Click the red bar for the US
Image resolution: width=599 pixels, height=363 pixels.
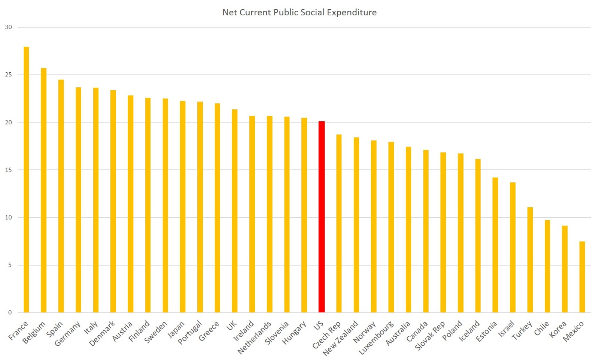(321, 217)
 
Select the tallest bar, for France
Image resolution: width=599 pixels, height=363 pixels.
(26, 180)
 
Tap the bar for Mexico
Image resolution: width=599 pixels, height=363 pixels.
(582, 277)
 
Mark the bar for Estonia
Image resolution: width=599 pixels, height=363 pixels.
(495, 245)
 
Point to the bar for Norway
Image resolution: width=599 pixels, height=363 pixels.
(374, 226)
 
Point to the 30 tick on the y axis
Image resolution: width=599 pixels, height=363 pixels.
(8, 27)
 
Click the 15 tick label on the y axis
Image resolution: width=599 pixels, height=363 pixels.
(8, 170)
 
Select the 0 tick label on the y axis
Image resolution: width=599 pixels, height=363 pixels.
(10, 312)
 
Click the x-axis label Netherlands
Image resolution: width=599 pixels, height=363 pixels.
(255, 338)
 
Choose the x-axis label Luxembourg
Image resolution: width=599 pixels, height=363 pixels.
(376, 338)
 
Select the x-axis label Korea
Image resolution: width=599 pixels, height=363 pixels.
(558, 329)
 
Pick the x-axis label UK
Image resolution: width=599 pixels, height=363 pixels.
(232, 326)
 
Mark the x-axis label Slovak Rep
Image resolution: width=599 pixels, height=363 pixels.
(430, 336)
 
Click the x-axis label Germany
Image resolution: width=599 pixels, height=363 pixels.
(67, 334)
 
